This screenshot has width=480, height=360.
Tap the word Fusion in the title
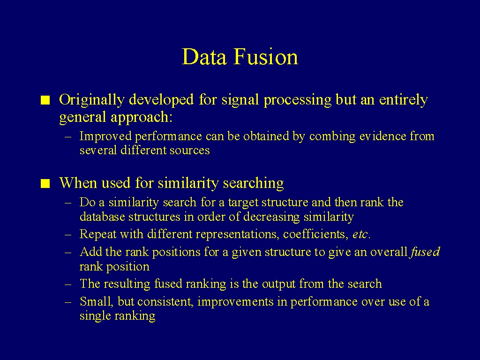point(266,57)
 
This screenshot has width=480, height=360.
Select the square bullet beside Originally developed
point(45,100)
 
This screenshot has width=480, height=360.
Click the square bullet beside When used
point(45,184)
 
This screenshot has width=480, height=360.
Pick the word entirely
point(404,100)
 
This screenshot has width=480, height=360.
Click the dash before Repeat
point(68,234)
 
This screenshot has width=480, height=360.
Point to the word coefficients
point(315,234)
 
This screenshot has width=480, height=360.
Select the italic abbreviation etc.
point(361,234)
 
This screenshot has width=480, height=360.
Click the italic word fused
point(425,252)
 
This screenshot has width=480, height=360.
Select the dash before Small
point(68,302)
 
